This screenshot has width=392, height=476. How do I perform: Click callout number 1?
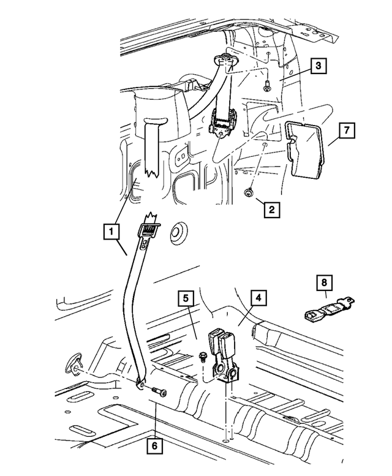(x=111, y=232)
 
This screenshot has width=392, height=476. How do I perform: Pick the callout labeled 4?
(x=258, y=298)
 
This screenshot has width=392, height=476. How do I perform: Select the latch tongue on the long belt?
(x=149, y=232)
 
